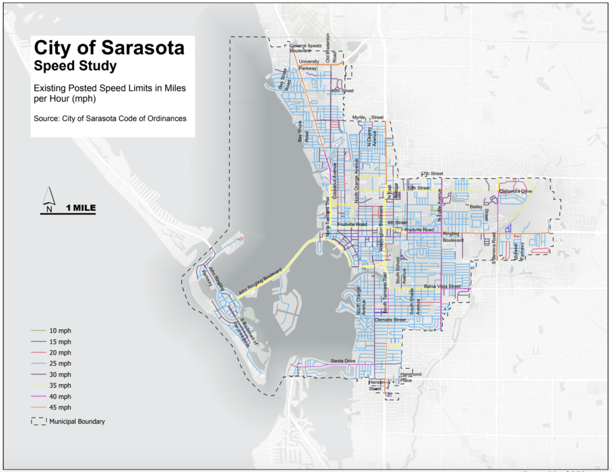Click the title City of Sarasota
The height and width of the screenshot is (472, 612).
coord(109,48)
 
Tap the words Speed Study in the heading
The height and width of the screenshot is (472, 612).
coord(75,65)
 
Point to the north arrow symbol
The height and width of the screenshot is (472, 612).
coord(50,198)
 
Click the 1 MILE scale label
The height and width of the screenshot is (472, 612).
coord(81,208)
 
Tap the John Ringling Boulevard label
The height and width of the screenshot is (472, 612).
coord(259,281)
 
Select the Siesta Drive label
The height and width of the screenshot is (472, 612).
coord(343,361)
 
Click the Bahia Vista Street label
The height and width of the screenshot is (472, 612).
coord(442,287)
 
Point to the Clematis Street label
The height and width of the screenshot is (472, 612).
coord(390,320)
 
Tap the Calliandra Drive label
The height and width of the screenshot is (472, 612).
coord(516,191)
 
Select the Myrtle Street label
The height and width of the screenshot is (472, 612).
coord(368,118)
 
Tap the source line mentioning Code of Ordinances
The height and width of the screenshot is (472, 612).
coord(110,118)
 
